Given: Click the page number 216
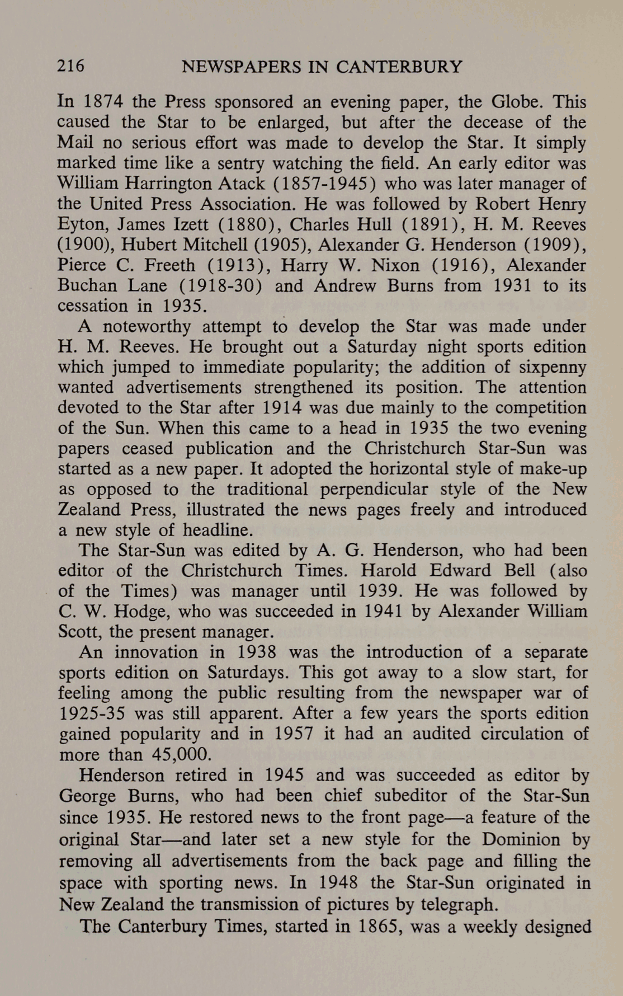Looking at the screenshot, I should point(71,67).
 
